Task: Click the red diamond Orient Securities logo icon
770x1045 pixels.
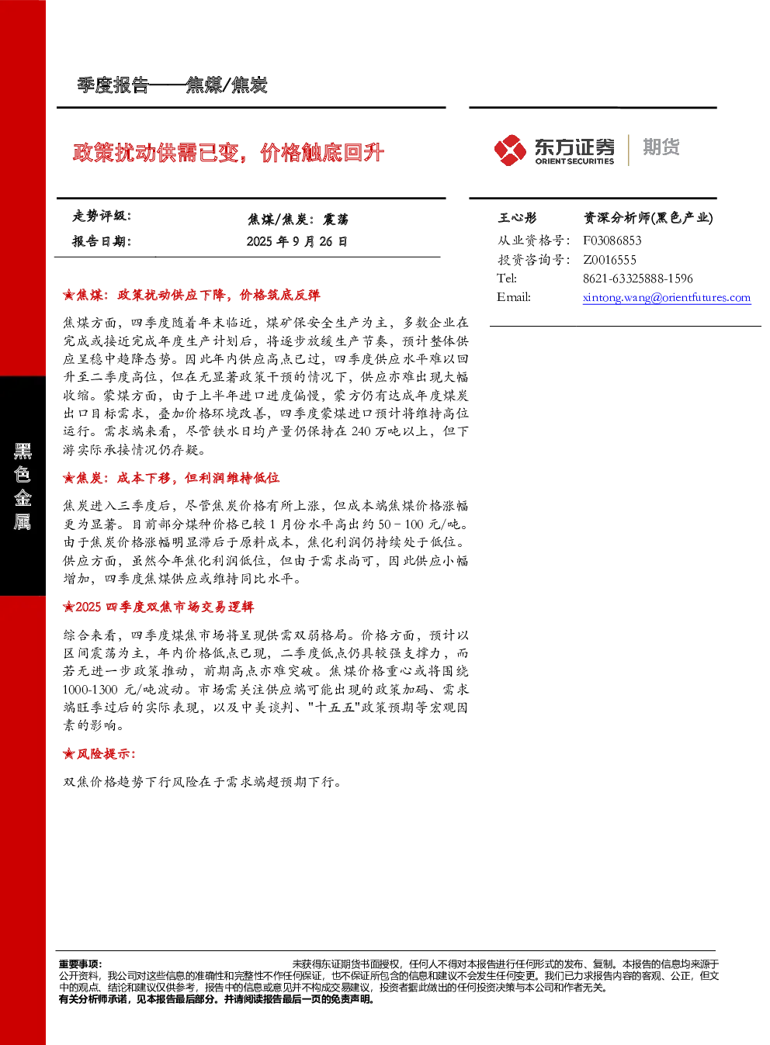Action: tap(510, 150)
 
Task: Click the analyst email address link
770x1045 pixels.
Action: tap(667, 297)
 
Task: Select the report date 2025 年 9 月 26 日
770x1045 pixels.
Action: tap(297, 241)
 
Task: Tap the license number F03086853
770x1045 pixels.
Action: tap(612, 240)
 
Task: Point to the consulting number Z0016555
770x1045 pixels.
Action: tap(609, 259)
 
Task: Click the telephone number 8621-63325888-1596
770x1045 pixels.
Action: tap(637, 279)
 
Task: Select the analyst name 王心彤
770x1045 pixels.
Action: tap(517, 217)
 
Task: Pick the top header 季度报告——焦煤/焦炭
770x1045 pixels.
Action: tap(172, 85)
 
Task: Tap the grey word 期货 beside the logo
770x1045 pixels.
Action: tap(661, 147)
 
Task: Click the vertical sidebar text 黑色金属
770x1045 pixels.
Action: tap(23, 486)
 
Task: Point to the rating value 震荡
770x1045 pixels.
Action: tap(335, 219)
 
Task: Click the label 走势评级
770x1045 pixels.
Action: tap(101, 216)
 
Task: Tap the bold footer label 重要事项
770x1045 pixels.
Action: tap(79, 964)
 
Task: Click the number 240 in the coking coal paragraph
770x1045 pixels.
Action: tap(361, 431)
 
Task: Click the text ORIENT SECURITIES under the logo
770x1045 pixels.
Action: tap(574, 161)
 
